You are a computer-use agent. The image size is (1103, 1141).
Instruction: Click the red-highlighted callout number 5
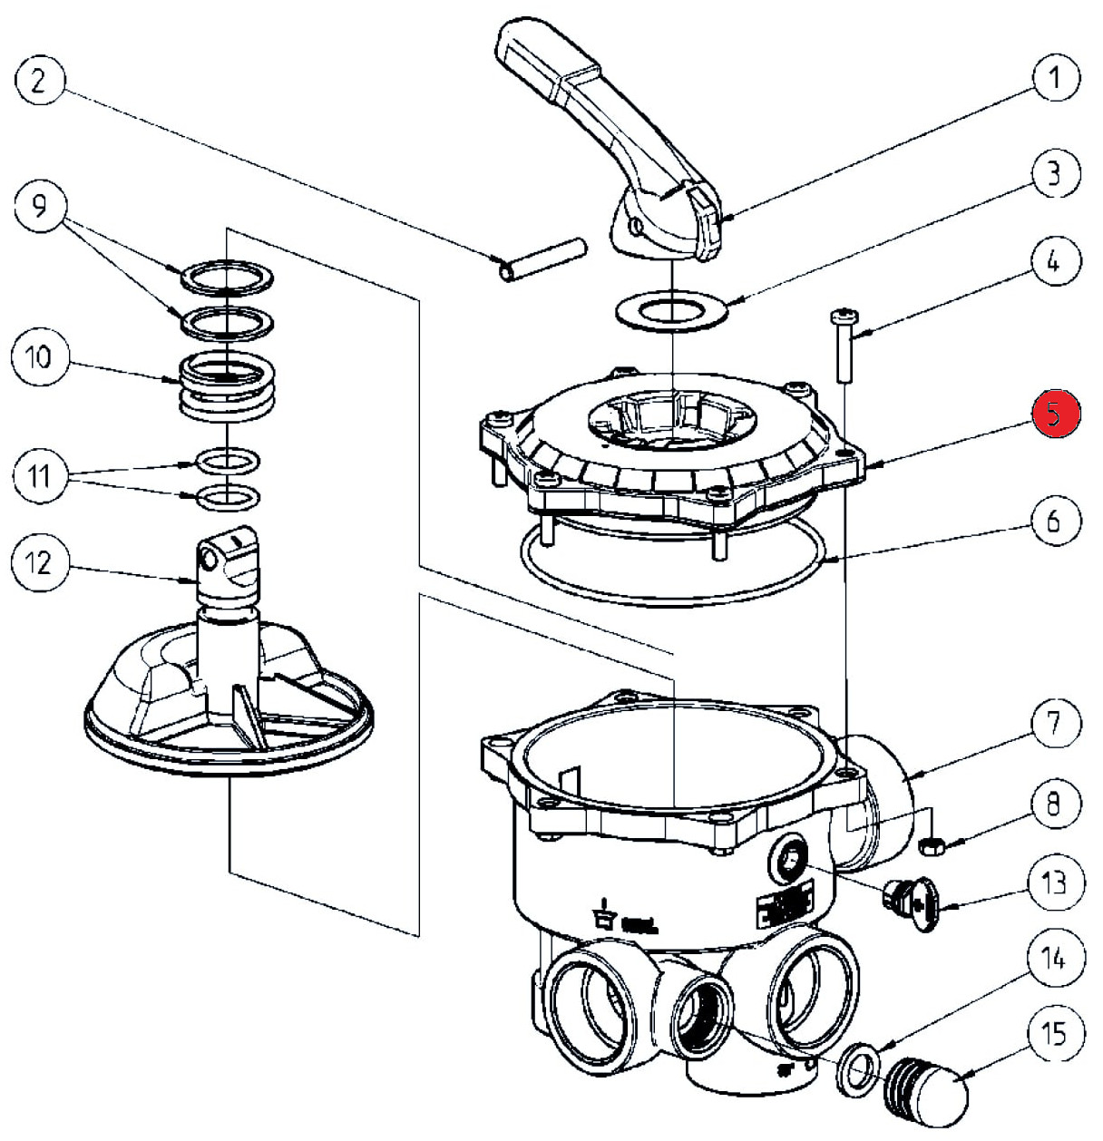tap(1055, 415)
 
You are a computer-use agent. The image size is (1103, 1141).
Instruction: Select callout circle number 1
tap(1055, 80)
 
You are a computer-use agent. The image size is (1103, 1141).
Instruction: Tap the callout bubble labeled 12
tap(37, 563)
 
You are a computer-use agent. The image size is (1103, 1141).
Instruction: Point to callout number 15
tap(1054, 1034)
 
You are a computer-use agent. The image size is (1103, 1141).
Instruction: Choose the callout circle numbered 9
tap(39, 208)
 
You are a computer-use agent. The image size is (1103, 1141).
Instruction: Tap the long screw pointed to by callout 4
tap(841, 345)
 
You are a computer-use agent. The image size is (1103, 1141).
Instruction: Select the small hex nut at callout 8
tap(932, 845)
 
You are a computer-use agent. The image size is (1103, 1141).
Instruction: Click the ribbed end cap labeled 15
tap(925, 1088)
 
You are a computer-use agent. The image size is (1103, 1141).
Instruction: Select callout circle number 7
tap(1053, 723)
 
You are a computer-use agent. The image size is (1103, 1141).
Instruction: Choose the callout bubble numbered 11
tap(39, 474)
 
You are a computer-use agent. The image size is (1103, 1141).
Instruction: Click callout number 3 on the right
tap(1054, 172)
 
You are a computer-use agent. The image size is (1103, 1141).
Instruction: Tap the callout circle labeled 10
tap(39, 356)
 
